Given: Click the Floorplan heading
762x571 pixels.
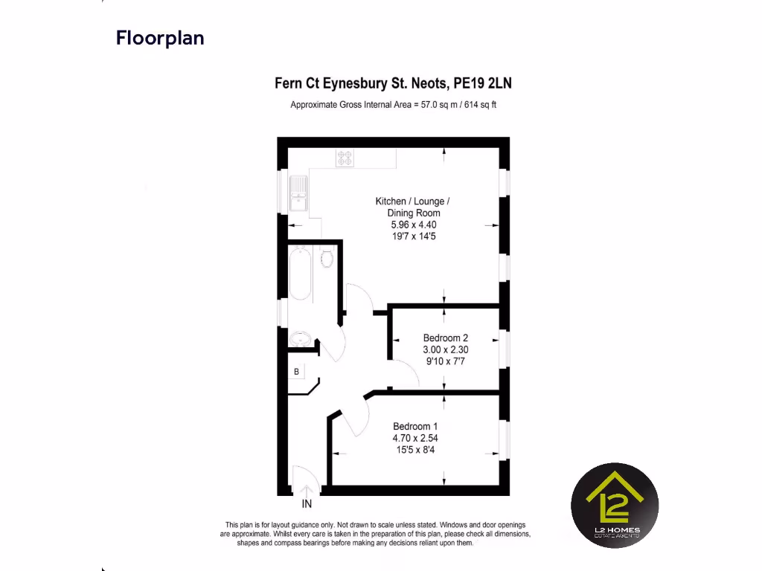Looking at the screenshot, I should [x=160, y=38].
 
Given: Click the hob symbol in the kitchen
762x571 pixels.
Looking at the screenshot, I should [x=345, y=158].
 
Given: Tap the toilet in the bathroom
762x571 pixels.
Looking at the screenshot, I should [x=327, y=258].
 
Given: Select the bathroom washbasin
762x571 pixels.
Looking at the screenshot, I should [x=300, y=338].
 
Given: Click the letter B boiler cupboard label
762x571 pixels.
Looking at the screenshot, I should [x=296, y=371].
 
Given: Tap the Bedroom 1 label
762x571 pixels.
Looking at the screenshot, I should [x=415, y=426].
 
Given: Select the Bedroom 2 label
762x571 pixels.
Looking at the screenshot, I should [x=446, y=338].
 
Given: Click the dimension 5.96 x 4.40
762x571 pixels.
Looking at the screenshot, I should [x=414, y=225].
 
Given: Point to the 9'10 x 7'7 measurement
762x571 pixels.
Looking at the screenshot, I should [x=446, y=361].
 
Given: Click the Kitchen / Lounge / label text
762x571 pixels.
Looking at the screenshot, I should [x=412, y=201].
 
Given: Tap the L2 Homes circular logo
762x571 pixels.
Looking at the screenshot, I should [x=615, y=506].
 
